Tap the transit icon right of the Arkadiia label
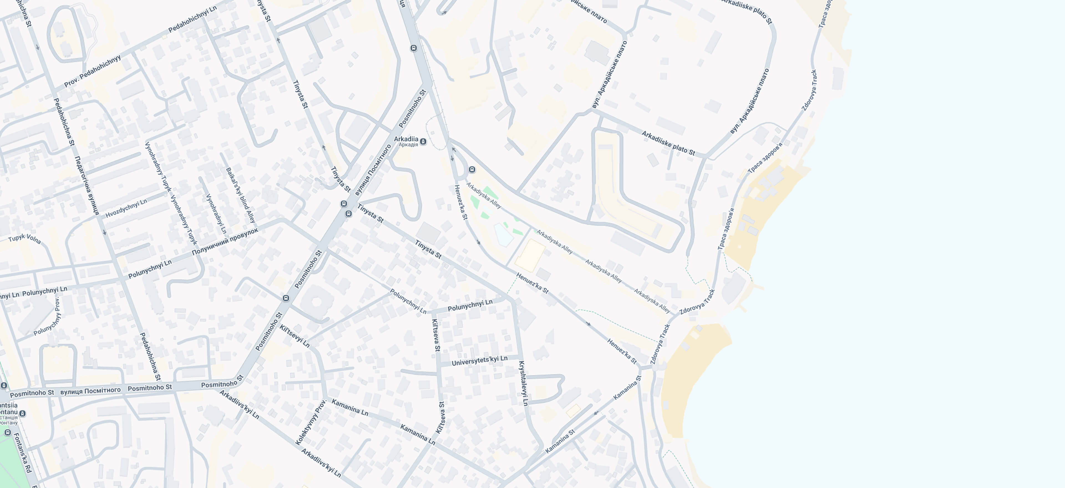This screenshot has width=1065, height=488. (x=423, y=142)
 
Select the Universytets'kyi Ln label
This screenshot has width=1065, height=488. (x=479, y=361)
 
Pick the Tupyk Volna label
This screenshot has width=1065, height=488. (x=24, y=238)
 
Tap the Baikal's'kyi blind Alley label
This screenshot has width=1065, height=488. (x=241, y=195)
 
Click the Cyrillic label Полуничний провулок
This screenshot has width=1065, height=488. (x=225, y=241)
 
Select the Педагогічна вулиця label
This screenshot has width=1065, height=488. (x=87, y=185)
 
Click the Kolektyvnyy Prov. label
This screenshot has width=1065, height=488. (x=311, y=422)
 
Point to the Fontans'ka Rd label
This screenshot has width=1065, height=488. (x=23, y=453)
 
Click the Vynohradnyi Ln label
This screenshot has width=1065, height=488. (x=216, y=213)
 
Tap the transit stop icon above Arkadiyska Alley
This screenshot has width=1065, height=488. (x=472, y=170)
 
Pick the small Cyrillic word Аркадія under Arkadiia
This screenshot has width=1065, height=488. (x=408, y=145)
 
